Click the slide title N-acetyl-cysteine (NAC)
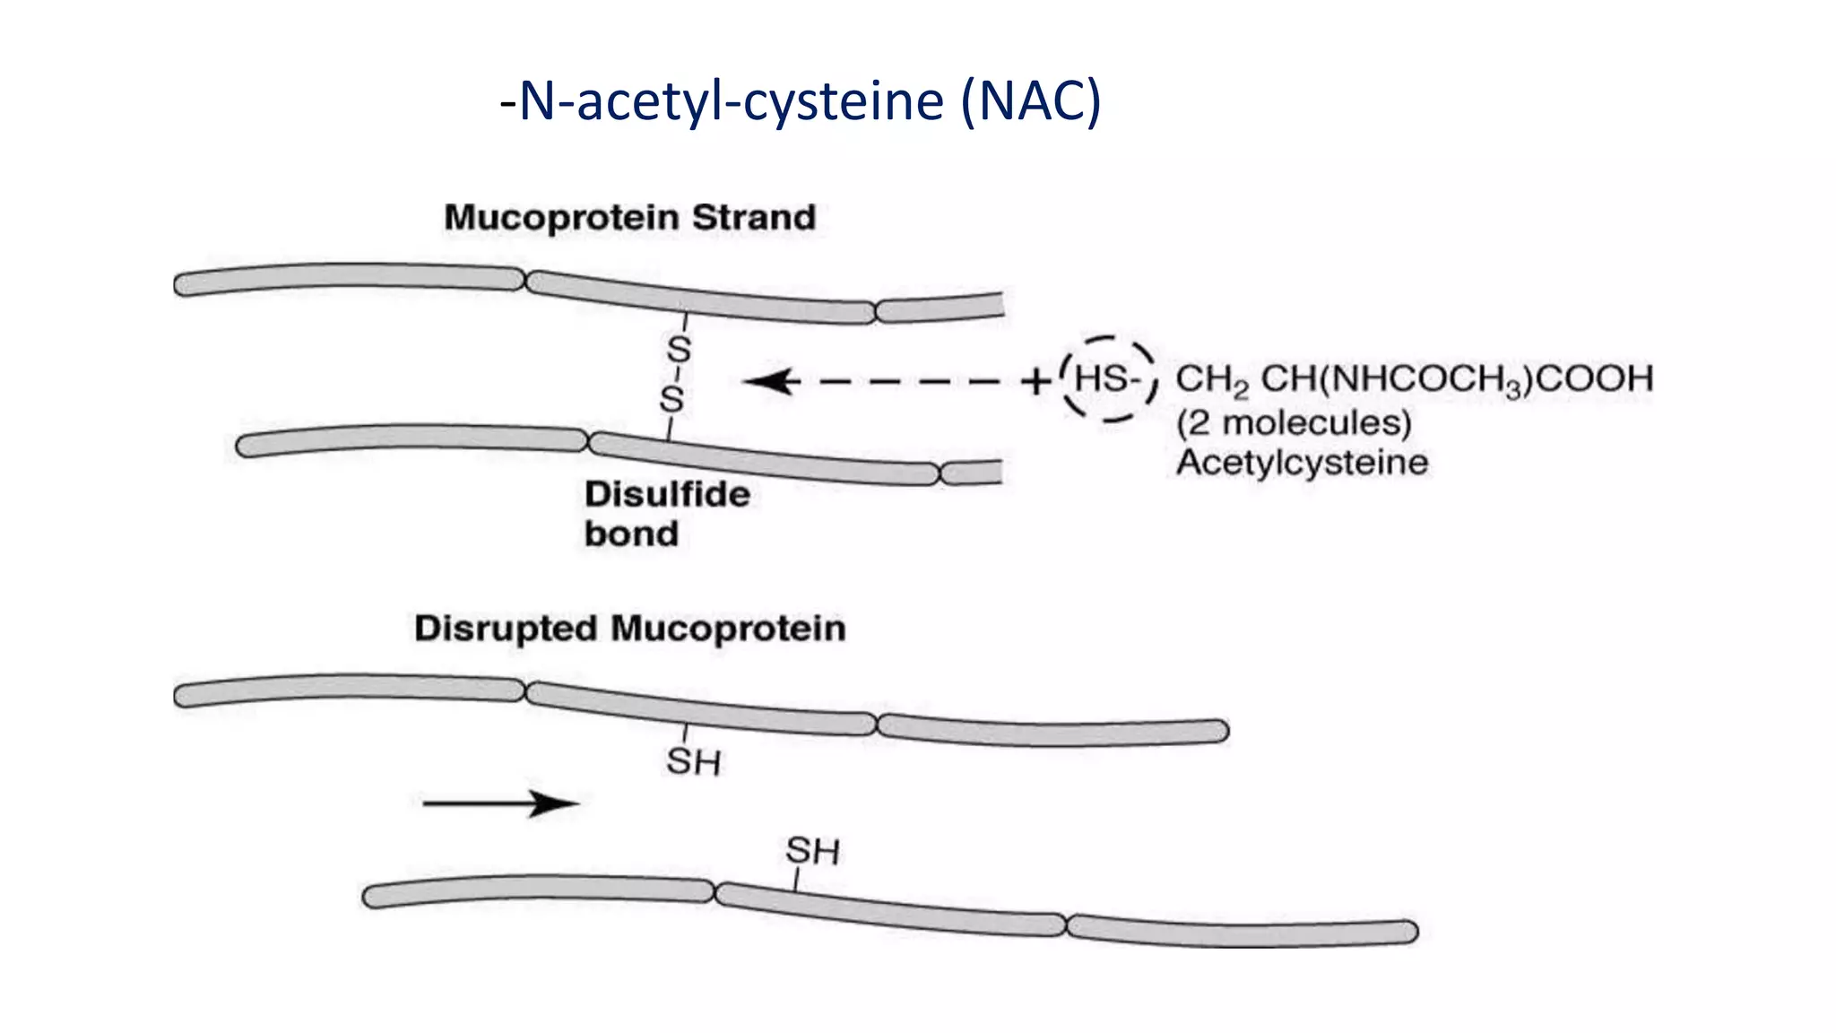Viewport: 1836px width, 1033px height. click(800, 100)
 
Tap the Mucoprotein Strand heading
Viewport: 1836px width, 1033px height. click(629, 218)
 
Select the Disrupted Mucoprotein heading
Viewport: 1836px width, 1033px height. click(629, 629)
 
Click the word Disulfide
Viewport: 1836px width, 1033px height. click(667, 494)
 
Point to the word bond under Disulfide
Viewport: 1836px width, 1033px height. click(631, 534)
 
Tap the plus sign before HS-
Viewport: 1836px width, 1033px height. click(1035, 381)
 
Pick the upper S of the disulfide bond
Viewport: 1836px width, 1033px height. click(679, 350)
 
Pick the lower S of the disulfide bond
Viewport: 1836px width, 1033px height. click(672, 400)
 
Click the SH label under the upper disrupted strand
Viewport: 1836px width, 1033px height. click(693, 762)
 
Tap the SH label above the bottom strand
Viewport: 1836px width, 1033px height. click(812, 851)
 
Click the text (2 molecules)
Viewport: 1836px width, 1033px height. click(1294, 422)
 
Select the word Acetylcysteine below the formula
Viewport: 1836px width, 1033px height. click(1302, 463)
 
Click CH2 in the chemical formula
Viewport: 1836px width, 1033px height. click(1211, 380)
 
